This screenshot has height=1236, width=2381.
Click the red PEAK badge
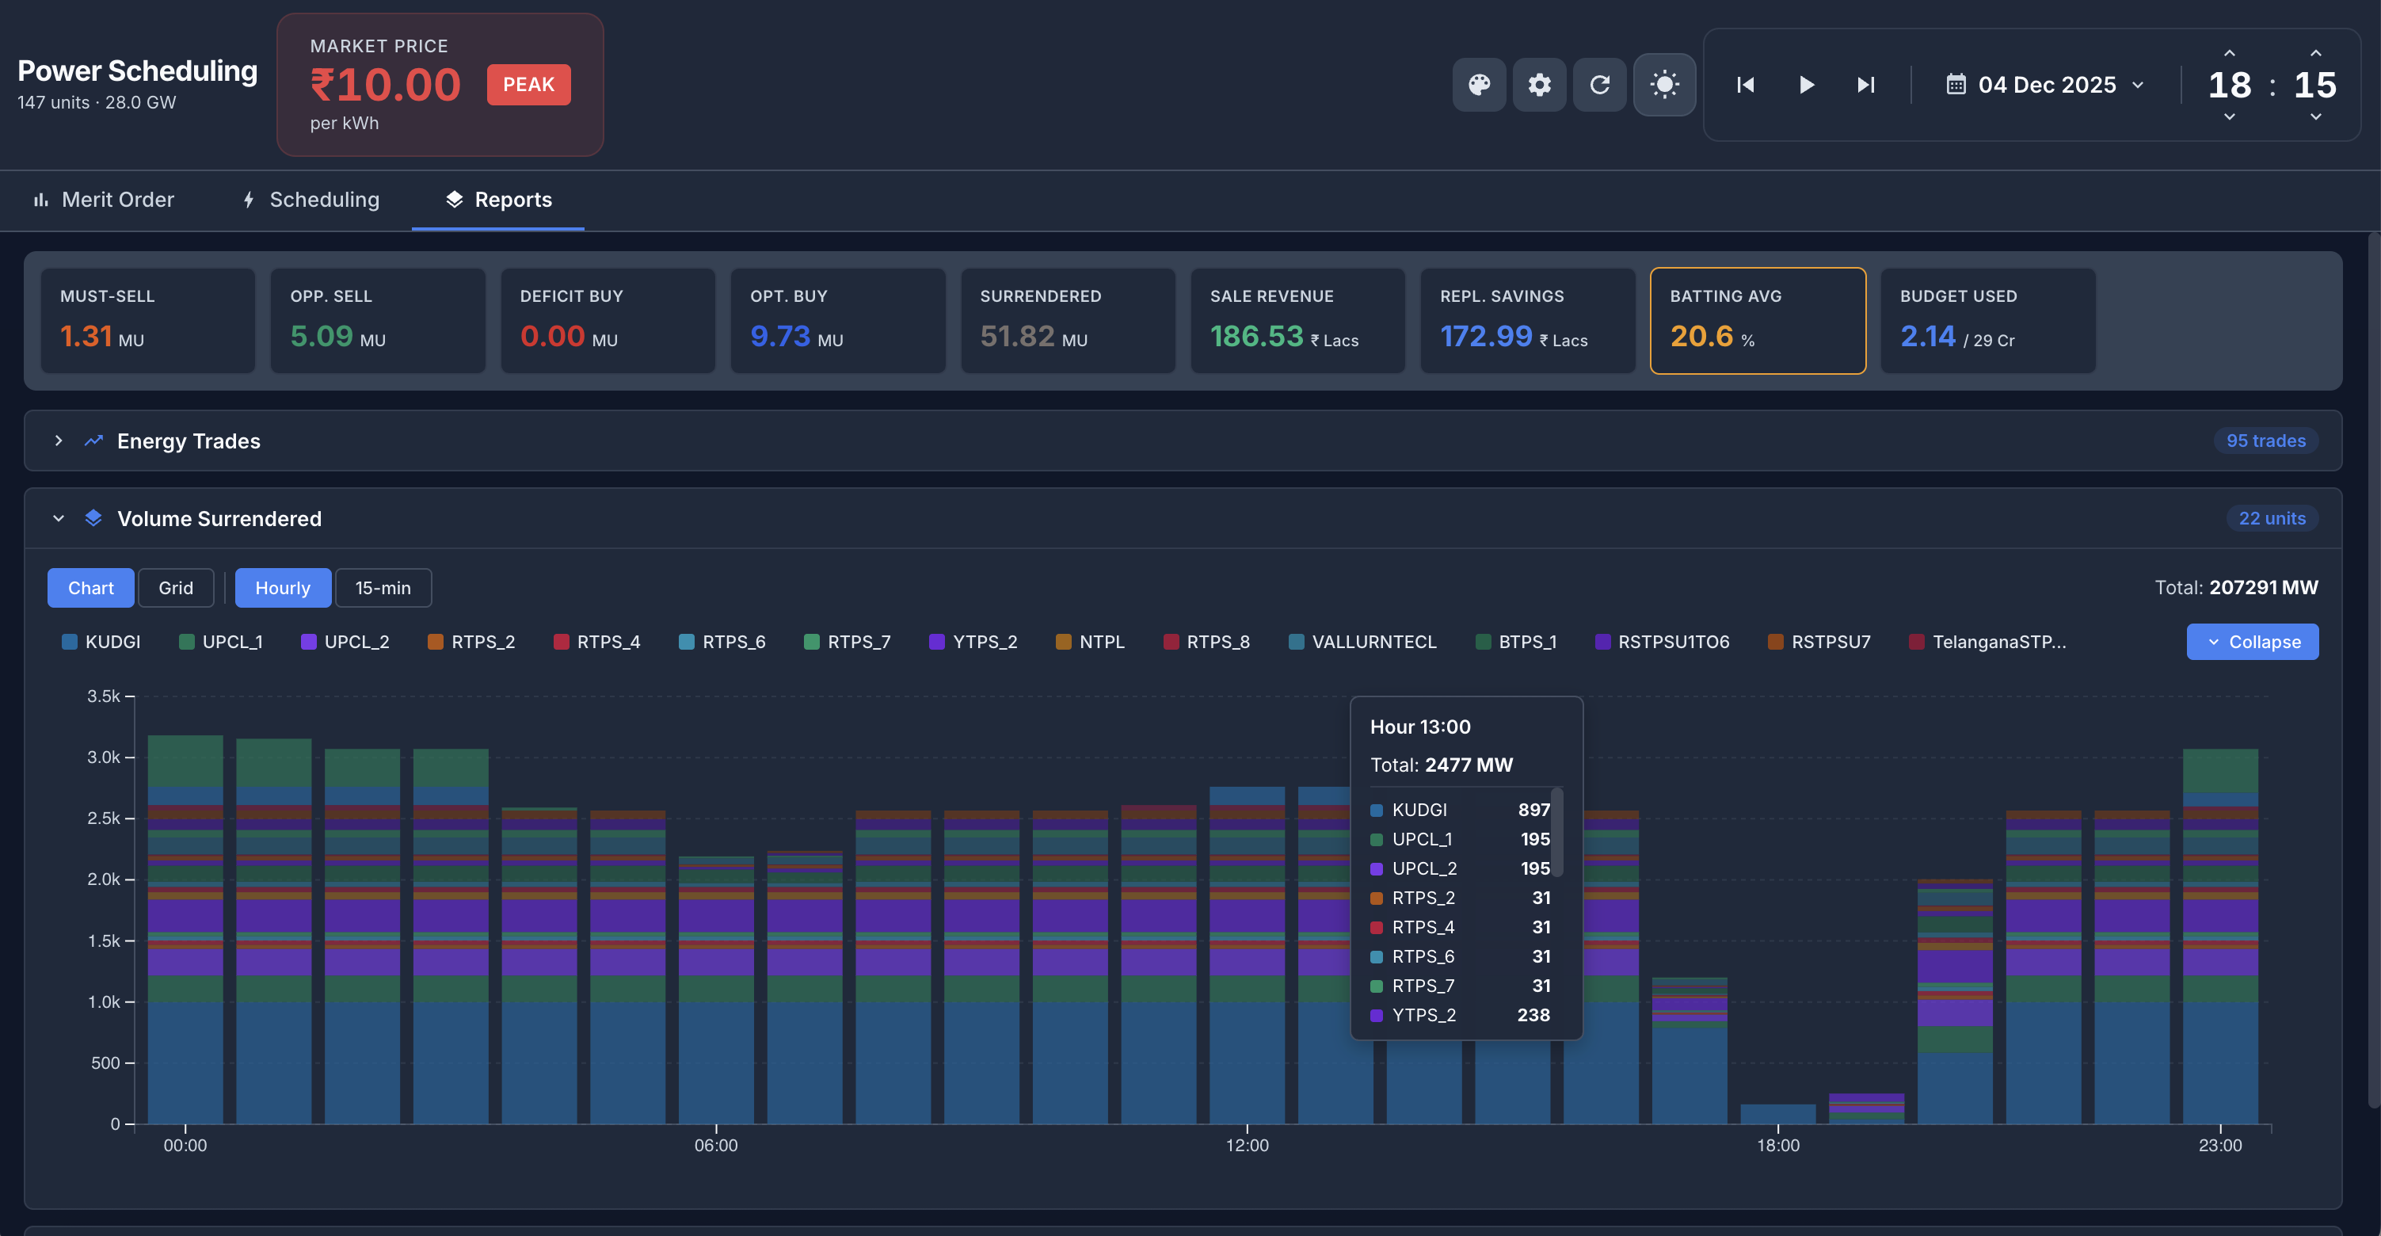coord(528,84)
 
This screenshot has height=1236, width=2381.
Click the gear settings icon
coord(1539,85)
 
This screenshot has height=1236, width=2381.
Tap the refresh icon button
coord(1599,85)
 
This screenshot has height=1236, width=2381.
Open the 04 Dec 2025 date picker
coord(2044,85)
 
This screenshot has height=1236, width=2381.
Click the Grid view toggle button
coord(176,588)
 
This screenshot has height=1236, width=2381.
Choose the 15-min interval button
coord(383,588)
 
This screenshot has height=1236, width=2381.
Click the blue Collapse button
coord(2252,642)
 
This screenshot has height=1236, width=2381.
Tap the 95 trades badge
coord(2265,441)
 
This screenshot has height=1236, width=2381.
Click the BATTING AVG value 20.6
coord(1701,337)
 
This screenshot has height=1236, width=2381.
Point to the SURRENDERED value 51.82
coord(1017,337)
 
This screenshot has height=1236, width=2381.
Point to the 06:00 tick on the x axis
coord(715,1144)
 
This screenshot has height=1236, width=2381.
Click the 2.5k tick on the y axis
coord(104,818)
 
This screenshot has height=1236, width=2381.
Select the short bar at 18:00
coord(1777,1113)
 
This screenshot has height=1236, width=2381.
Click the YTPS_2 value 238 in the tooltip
coord(1533,1015)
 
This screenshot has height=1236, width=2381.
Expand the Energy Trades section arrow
coord(59,441)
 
